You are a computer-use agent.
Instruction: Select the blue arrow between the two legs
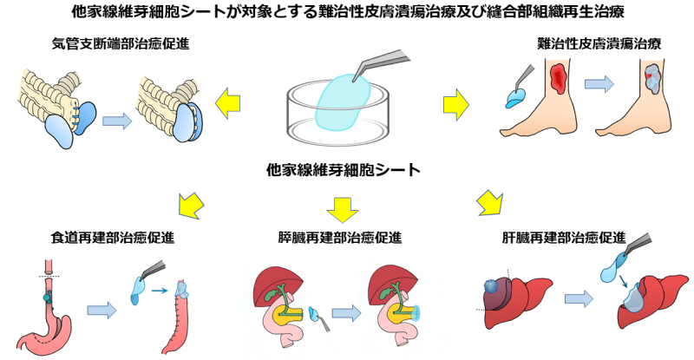(598, 85)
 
